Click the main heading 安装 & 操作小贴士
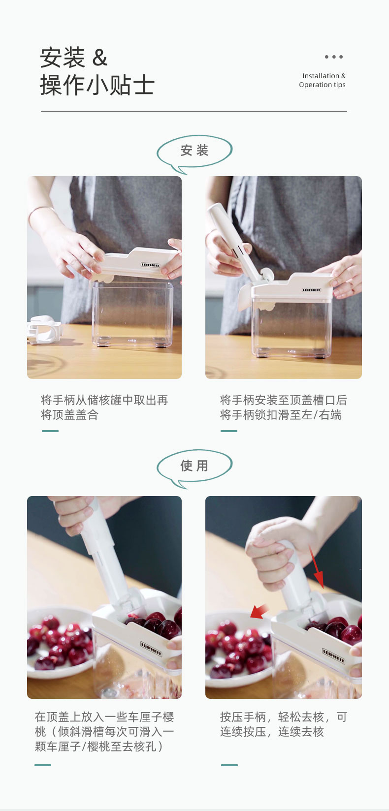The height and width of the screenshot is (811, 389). (97, 71)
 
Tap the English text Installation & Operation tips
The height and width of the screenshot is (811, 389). (322, 80)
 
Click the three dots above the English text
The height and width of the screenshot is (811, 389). (333, 57)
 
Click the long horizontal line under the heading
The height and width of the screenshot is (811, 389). (194, 111)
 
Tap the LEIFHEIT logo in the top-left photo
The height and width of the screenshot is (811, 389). (150, 265)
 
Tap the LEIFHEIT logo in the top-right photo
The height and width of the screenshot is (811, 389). (311, 290)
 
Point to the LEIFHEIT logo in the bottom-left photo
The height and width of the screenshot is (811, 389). (151, 649)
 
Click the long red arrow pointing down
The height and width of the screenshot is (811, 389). (317, 567)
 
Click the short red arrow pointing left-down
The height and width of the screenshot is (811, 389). (259, 611)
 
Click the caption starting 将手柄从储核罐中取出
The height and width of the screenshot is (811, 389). (104, 407)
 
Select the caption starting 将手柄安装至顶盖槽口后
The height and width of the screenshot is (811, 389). (283, 407)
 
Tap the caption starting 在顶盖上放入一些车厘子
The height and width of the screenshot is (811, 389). (104, 731)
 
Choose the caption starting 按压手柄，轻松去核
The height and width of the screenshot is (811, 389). (283, 724)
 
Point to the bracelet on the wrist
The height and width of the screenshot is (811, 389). (40, 211)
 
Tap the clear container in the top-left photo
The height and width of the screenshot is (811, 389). (133, 314)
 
